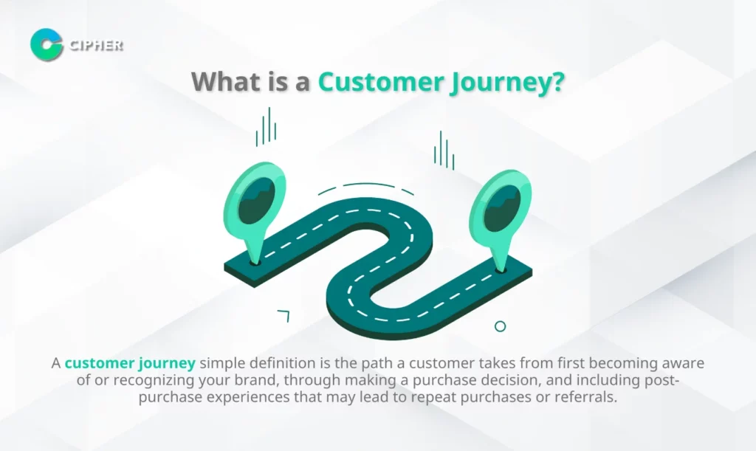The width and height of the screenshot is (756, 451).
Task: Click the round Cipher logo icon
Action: click(47, 44)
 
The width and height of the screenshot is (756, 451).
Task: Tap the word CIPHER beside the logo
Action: click(97, 45)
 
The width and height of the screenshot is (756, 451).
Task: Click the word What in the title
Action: click(226, 81)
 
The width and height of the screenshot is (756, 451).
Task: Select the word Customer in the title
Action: click(381, 81)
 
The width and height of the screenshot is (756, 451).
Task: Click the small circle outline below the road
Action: click(500, 326)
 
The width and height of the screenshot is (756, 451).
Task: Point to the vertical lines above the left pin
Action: click(266, 127)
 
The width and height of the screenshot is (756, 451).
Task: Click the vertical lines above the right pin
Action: click(444, 151)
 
